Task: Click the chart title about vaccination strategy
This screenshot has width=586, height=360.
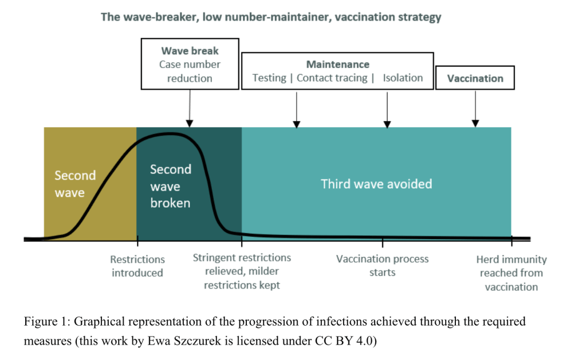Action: click(271, 17)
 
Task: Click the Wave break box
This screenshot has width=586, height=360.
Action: click(190, 64)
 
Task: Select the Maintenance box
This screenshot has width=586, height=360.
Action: click(337, 71)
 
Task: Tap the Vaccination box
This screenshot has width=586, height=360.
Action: click(475, 78)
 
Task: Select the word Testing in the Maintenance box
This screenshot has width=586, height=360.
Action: click(269, 78)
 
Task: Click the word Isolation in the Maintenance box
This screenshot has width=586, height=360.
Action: click(403, 78)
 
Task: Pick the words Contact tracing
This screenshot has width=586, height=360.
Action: click(332, 78)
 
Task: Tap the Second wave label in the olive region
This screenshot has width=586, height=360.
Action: click(75, 184)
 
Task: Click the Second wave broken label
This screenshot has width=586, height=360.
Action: click(170, 186)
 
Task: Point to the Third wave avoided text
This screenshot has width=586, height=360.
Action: click(376, 184)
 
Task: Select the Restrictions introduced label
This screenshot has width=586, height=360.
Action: click(137, 266)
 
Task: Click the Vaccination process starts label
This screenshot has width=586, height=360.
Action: click(382, 266)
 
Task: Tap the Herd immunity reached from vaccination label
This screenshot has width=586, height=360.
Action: click(511, 273)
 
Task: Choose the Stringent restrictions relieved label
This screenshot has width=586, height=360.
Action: click(242, 271)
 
